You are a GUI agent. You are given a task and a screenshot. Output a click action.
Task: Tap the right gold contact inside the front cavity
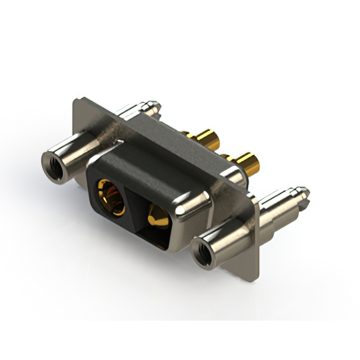tap(156, 217)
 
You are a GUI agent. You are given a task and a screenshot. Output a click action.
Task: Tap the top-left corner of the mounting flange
tap(76, 102)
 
